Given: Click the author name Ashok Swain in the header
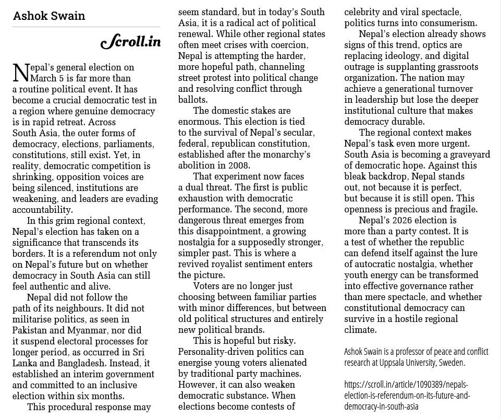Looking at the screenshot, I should pos(49,15).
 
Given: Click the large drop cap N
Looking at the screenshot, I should pos(19,73).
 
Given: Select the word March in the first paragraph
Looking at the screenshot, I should pos(44,78).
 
